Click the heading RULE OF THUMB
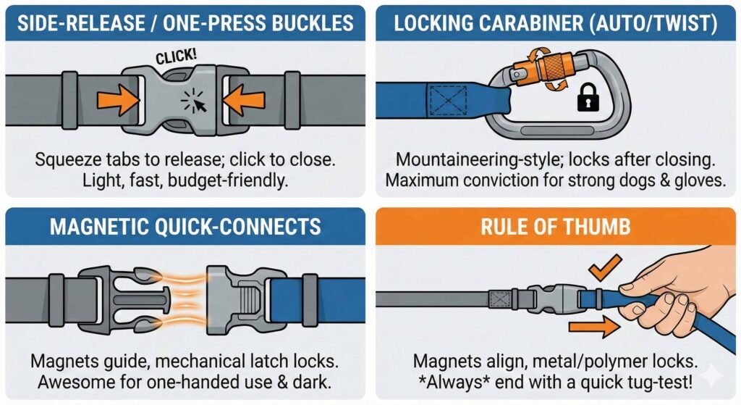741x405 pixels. [x=555, y=227]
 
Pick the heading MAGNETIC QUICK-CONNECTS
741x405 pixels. [x=185, y=227]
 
